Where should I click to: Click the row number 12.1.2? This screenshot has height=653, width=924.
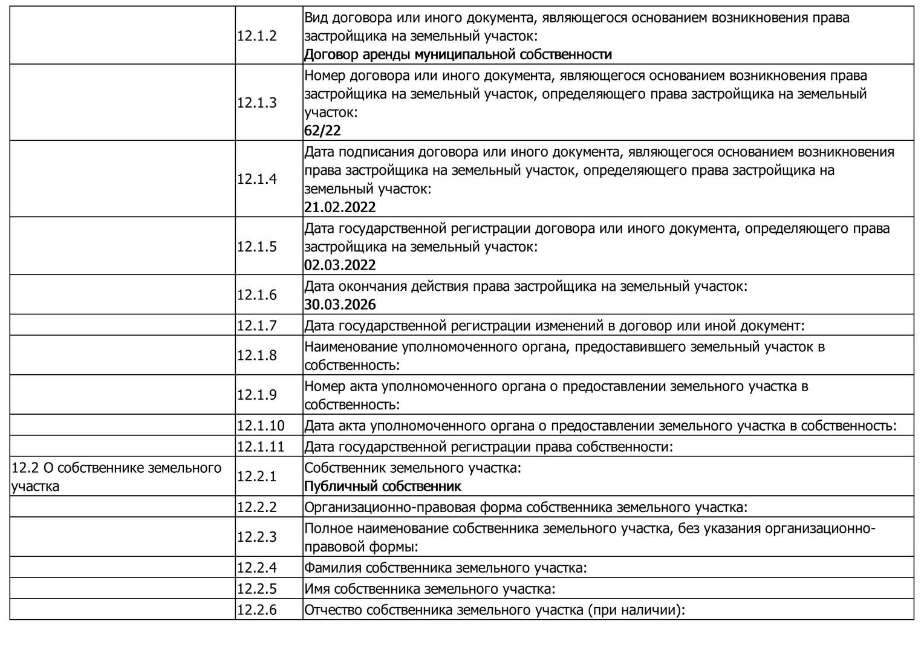pyautogui.click(x=256, y=36)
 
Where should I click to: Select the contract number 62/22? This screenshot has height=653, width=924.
pyautogui.click(x=322, y=131)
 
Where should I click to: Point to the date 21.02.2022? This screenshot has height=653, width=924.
pyautogui.click(x=340, y=207)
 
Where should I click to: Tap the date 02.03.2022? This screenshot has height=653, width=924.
pyautogui.click(x=340, y=265)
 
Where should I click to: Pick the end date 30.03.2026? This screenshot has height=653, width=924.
pyautogui.click(x=340, y=304)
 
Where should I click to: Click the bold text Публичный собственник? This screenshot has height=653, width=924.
pyautogui.click(x=382, y=486)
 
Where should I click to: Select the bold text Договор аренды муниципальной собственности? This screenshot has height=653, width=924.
pyautogui.click(x=458, y=54)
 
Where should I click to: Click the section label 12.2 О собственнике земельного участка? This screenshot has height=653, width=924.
pyautogui.click(x=116, y=476)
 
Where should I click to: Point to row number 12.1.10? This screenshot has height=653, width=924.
pyautogui.click(x=260, y=426)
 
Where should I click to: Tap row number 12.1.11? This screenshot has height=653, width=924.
pyautogui.click(x=260, y=447)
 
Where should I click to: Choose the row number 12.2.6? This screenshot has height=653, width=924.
pyautogui.click(x=256, y=609)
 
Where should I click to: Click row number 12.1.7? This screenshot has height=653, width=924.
pyautogui.click(x=256, y=325)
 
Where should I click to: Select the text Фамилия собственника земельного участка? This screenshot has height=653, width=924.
pyautogui.click(x=446, y=568)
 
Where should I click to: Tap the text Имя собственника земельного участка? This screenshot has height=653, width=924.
pyautogui.click(x=429, y=589)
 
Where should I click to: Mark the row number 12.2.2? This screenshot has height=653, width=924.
pyautogui.click(x=256, y=507)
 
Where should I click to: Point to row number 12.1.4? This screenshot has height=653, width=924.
pyautogui.click(x=256, y=179)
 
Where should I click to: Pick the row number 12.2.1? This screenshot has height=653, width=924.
pyautogui.click(x=256, y=476)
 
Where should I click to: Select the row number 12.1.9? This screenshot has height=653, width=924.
pyautogui.click(x=256, y=395)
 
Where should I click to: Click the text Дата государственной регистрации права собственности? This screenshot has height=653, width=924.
pyautogui.click(x=489, y=447)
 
